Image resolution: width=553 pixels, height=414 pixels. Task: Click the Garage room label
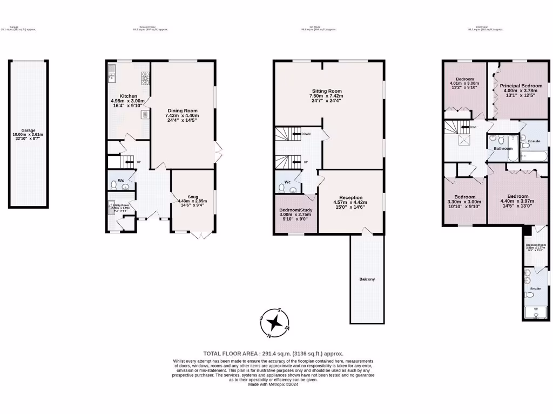[28, 130]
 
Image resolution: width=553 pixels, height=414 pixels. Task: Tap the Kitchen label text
[121, 96]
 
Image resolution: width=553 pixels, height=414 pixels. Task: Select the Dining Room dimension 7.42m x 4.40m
[182, 115]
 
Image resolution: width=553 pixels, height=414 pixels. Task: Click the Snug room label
[193, 196]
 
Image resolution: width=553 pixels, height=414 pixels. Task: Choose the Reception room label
[350, 197]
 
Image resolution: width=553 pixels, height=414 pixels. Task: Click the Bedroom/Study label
[295, 210]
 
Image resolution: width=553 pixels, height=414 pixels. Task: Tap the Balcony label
[367, 279]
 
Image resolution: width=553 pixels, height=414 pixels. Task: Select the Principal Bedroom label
[521, 86]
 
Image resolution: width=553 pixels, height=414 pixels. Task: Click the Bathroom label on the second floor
[503, 148]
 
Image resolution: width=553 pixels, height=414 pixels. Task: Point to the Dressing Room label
[536, 245]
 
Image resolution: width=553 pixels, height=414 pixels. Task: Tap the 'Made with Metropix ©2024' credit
[273, 384]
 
